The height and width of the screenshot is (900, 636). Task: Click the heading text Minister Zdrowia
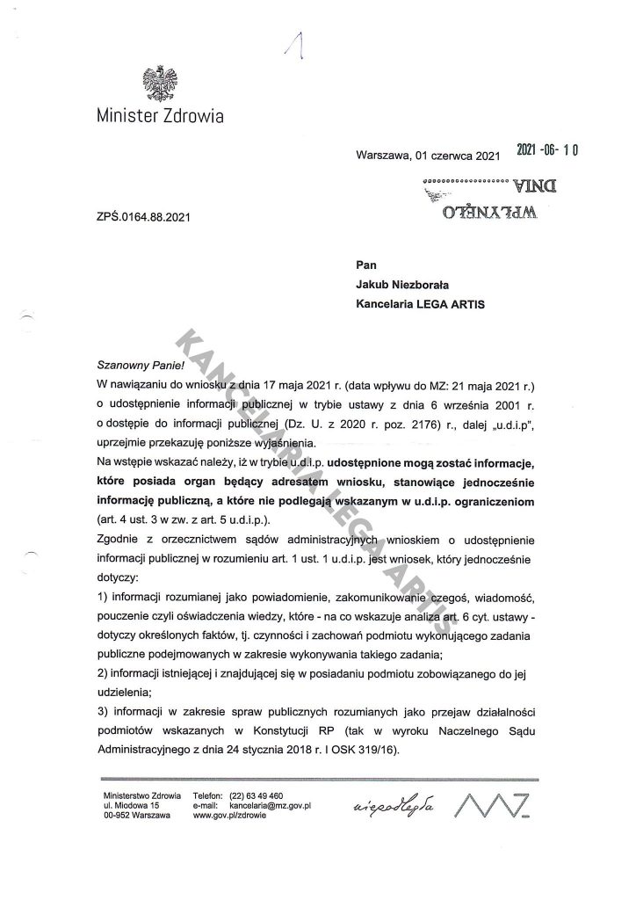click(160, 116)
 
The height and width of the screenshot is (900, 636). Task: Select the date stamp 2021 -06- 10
click(546, 151)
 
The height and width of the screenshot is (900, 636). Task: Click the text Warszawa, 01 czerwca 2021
click(428, 156)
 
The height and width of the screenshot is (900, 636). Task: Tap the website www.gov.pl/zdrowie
click(233, 816)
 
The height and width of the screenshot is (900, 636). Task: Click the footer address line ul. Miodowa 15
click(132, 805)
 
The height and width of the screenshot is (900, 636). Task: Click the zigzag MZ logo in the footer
click(497, 803)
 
